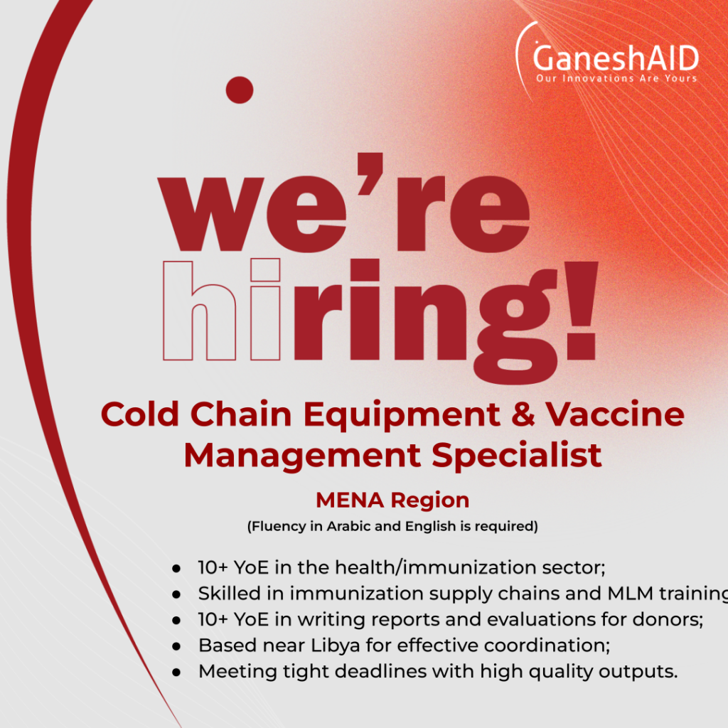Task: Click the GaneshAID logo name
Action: pos(616,58)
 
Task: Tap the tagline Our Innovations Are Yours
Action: pos(616,78)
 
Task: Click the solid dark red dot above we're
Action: pos(240,90)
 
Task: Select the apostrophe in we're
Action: pos(370,173)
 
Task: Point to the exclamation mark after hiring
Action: pos(580,311)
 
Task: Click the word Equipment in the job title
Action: pos(402,415)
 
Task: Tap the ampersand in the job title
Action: pos(523,414)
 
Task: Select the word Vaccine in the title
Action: pos(615,414)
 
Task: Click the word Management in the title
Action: pos(302,456)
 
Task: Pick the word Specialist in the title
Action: pos(517,455)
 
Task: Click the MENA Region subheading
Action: pos(392,500)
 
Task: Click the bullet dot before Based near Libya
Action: pos(176,646)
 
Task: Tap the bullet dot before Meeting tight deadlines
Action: pos(176,672)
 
